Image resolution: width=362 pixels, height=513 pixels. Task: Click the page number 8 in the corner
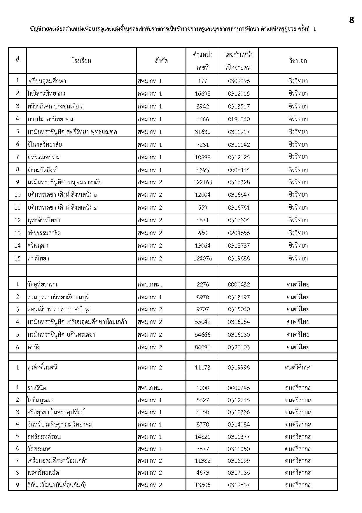pos(351,20)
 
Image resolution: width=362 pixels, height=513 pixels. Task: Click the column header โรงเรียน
pos(81,61)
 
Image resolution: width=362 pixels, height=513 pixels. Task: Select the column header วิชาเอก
pos(298,61)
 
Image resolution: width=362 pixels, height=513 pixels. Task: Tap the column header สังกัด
pos(161,61)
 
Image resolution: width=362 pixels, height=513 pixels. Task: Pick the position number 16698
pos(202,94)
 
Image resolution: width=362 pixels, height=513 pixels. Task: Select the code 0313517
pos(239,106)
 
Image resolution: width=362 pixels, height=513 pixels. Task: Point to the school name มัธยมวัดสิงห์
pos(42,170)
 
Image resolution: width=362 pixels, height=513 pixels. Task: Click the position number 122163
pos(202,182)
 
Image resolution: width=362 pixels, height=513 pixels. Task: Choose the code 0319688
pos(239,258)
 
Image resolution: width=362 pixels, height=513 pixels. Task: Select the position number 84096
pos(202,347)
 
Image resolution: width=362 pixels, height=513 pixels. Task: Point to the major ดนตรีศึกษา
pos(298,367)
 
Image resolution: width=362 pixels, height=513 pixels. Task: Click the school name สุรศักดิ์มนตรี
pos(42,367)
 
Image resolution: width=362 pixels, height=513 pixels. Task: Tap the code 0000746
pos(239,388)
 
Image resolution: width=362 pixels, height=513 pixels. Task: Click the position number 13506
pos(202,485)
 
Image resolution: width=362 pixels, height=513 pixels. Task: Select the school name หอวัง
pos(34,347)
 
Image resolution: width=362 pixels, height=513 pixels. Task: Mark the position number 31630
pos(202,132)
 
